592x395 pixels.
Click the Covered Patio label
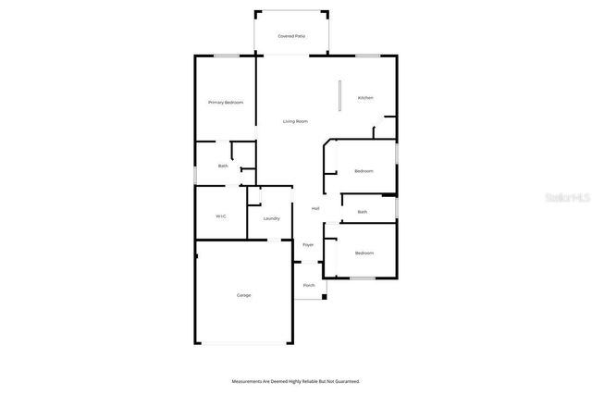(291, 36)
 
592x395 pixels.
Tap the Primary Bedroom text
(225, 103)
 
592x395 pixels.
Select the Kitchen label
(365, 97)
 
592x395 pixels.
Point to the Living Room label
(295, 121)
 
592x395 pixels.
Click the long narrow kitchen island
(339, 96)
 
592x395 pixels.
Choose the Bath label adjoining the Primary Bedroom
(223, 166)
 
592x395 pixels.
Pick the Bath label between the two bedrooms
(363, 212)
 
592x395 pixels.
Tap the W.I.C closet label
(221, 216)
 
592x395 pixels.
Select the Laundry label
(271, 218)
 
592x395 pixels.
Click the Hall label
(315, 208)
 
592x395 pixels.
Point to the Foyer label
(308, 244)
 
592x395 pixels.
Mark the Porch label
(309, 285)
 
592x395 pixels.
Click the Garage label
(243, 295)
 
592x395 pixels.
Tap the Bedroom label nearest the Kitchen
(364, 171)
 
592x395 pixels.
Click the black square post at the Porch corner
(324, 297)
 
